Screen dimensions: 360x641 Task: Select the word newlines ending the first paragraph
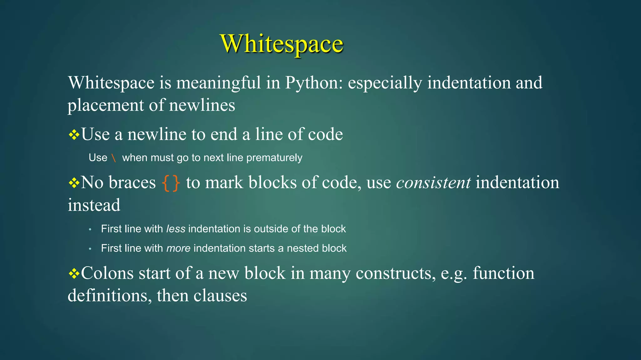[202, 105]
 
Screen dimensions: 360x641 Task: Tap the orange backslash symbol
[114, 158]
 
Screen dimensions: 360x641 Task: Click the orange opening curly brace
[166, 183]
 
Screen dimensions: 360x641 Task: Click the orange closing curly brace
[176, 183]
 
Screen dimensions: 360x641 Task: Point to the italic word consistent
[433, 182]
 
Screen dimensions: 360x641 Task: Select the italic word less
[176, 229]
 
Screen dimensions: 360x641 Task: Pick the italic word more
[178, 248]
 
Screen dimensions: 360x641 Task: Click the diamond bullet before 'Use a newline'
[74, 135]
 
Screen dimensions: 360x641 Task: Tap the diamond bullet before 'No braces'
[74, 183]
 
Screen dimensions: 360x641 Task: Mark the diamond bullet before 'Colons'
[74, 274]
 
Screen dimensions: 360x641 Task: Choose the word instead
[94, 205]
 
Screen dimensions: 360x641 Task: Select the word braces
[132, 182]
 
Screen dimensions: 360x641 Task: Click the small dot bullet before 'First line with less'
[90, 230]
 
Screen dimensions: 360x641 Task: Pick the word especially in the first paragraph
[385, 83]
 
